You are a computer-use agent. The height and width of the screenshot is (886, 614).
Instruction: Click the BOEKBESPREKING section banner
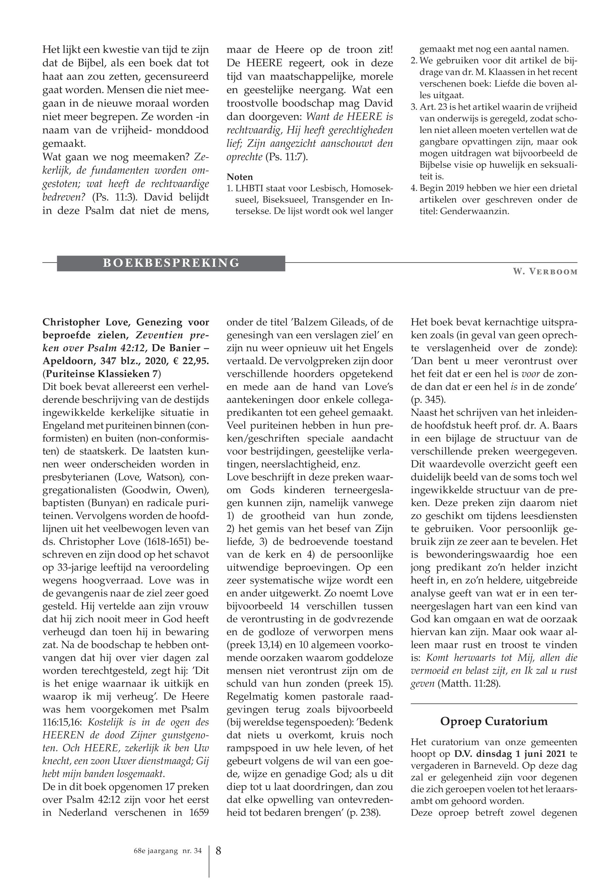171,263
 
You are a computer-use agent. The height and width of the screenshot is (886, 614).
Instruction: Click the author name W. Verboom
545,272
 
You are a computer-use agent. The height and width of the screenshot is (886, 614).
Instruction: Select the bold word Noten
240,177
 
